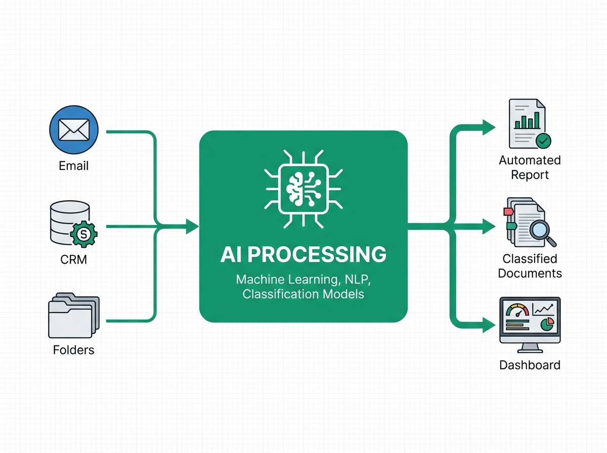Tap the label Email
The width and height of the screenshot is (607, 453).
pyautogui.click(x=73, y=165)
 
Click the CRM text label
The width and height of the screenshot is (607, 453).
pyautogui.click(x=73, y=260)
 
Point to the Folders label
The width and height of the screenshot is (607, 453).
pyautogui.click(x=73, y=350)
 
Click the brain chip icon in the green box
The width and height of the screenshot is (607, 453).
pyautogui.click(x=303, y=187)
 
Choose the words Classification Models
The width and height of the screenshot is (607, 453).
pyautogui.click(x=303, y=294)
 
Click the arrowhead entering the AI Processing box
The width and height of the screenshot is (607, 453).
pyautogui.click(x=192, y=226)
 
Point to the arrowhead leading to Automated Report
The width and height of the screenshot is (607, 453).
pyautogui.click(x=488, y=127)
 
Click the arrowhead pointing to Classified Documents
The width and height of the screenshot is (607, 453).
pyautogui.click(x=488, y=227)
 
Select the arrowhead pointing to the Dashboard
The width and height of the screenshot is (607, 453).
pyautogui.click(x=488, y=326)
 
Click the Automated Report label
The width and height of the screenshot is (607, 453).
pyautogui.click(x=530, y=167)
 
